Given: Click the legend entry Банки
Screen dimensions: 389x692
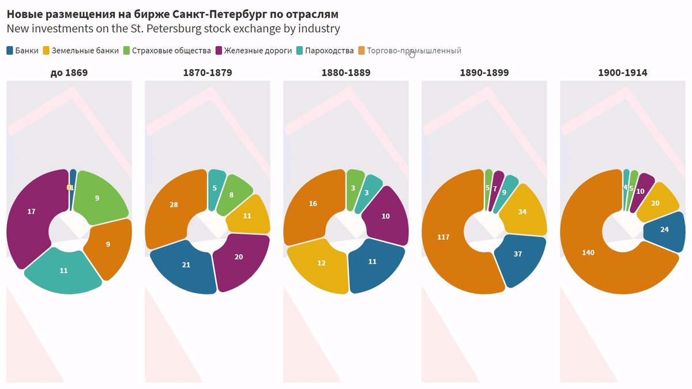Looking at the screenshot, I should [x=22, y=51].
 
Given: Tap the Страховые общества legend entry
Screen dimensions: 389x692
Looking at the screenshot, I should [x=167, y=51].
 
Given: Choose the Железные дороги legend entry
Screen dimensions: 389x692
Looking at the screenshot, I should [x=253, y=51].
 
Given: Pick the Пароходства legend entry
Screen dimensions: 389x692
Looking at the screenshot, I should [x=325, y=51].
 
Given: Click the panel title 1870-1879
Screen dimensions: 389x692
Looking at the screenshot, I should [x=208, y=73].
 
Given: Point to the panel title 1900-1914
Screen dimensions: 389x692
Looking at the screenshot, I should [x=623, y=73].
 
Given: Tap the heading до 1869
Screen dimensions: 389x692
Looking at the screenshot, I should [x=69, y=73].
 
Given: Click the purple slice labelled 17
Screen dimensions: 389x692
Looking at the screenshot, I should [x=32, y=212].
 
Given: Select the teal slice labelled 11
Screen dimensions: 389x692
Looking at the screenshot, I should [x=63, y=270].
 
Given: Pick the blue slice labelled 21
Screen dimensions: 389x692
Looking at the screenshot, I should [x=186, y=265].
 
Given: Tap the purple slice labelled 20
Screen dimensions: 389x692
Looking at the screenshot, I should [x=239, y=257].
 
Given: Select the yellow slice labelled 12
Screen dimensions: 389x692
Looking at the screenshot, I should [x=321, y=263].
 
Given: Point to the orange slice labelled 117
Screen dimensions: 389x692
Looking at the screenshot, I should [x=444, y=237].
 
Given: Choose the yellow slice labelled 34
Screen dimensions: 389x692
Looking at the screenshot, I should [x=522, y=212].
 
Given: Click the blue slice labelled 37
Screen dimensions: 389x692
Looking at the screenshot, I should [x=517, y=254].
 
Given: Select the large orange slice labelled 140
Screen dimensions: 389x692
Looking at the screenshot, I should [x=588, y=252].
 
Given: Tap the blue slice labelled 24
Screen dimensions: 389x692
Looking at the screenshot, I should [x=664, y=229].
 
